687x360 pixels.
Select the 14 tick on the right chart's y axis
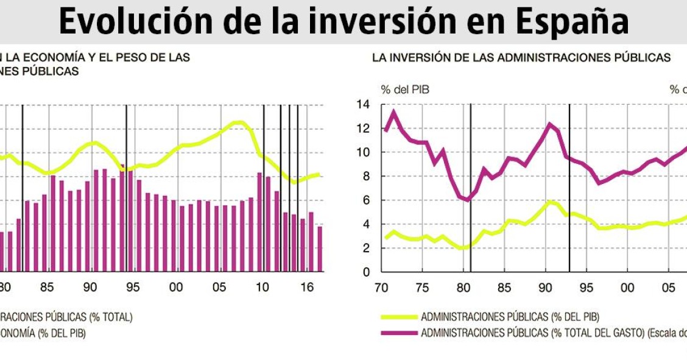363,105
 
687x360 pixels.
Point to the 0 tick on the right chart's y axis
366,272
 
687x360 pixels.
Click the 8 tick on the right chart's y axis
366,177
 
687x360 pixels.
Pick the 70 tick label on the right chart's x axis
382,288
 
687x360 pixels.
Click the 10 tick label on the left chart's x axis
262,288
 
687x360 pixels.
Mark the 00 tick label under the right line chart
627,288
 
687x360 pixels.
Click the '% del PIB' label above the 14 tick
405,90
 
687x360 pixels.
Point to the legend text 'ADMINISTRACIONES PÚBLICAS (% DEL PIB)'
510,317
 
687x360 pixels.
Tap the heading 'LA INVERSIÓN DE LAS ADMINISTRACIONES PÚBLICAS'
521,58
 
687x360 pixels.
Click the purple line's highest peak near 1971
393,111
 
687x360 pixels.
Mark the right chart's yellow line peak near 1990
550,201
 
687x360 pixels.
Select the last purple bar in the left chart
320,249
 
